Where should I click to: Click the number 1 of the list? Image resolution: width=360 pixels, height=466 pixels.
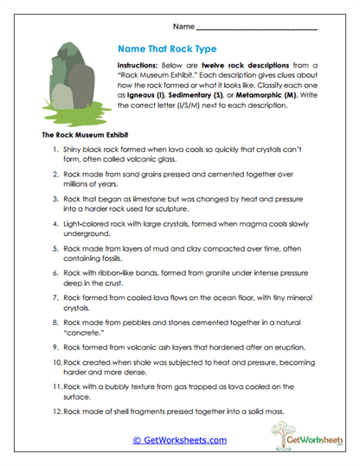click(55, 151)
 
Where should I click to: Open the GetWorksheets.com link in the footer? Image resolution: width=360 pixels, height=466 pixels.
click(179, 439)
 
